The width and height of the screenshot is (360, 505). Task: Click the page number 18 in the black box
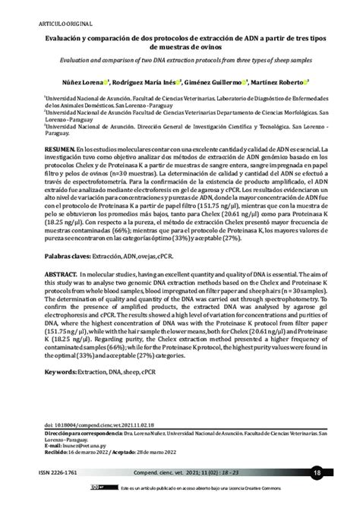pos(316,472)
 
